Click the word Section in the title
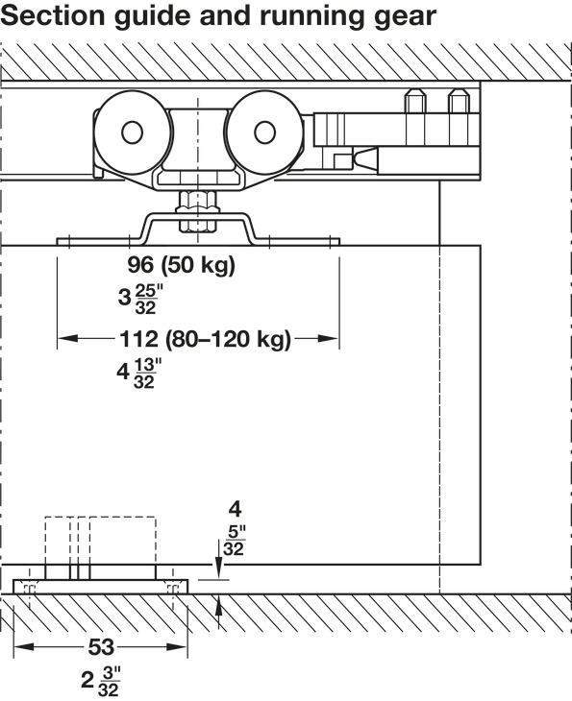pyautogui.click(x=53, y=15)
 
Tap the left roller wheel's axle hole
pyautogui.click(x=132, y=133)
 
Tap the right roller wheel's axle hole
pyautogui.click(x=264, y=133)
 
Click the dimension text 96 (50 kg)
pyautogui.click(x=182, y=265)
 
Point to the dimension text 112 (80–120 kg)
pyautogui.click(x=206, y=339)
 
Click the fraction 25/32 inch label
pyautogui.click(x=146, y=299)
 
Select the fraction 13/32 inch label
pyautogui.click(x=146, y=374)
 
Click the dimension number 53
pyautogui.click(x=101, y=646)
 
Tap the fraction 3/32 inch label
pyautogui.click(x=110, y=682)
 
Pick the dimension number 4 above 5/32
pyautogui.click(x=235, y=509)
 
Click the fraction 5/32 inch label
pyautogui.click(x=234, y=541)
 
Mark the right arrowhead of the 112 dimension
pyautogui.click(x=327, y=338)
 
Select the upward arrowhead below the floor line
pyautogui.click(x=218, y=607)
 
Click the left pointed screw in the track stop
pyautogui.click(x=415, y=101)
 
